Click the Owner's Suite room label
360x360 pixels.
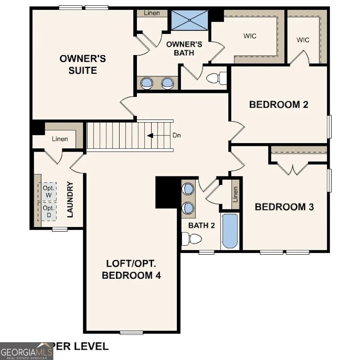tap(83, 64)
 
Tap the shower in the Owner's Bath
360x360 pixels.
tap(189, 20)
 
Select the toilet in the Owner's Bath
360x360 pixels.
tap(216, 78)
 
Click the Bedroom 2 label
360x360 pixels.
tap(279, 105)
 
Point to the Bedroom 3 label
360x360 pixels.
tap(284, 207)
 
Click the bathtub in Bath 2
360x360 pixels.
tap(230, 231)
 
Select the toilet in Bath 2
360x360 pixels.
tap(193, 239)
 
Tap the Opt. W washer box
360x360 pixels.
tap(48, 191)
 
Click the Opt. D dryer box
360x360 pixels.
tap(48, 212)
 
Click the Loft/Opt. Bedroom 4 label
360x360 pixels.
tap(131, 269)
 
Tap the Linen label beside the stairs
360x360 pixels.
tap(60, 139)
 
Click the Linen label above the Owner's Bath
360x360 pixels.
tap(152, 13)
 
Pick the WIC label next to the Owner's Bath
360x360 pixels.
tap(250, 36)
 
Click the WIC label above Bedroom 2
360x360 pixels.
tap(303, 40)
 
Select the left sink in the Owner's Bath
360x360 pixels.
tap(147, 82)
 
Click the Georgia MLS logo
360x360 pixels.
tap(27, 351)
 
